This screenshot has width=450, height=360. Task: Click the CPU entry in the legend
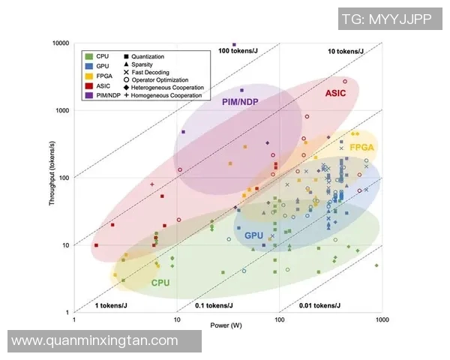click(103, 56)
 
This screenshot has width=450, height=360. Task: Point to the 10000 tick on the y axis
click(61, 43)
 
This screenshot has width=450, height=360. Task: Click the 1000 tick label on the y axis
click(63, 110)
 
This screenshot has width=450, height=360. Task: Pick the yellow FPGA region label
click(361, 148)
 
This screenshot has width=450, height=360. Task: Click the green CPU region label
click(160, 283)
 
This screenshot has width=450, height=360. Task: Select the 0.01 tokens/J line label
click(319, 306)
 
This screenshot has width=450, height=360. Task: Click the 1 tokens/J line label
click(110, 306)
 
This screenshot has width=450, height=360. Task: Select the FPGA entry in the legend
click(104, 76)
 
